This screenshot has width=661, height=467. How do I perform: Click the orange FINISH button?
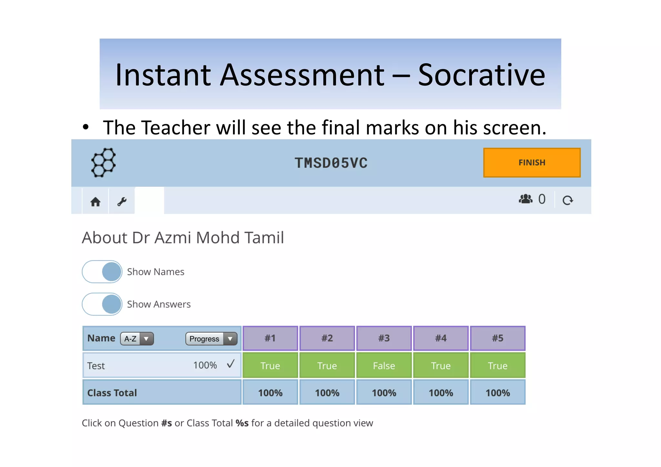click(532, 163)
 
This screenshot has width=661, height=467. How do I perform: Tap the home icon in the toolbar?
click(95, 202)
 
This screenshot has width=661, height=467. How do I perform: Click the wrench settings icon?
click(122, 202)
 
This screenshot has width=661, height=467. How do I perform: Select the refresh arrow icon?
click(567, 200)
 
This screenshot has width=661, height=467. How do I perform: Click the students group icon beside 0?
click(525, 199)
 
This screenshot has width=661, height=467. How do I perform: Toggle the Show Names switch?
click(102, 272)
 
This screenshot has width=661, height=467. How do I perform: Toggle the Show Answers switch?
click(102, 304)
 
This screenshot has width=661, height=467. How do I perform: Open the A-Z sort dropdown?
click(137, 339)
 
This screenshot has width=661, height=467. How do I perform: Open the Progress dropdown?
click(211, 339)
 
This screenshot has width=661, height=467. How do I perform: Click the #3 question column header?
click(384, 338)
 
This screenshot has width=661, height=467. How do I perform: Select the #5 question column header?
click(497, 338)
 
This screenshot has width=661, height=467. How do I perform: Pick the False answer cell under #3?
click(384, 366)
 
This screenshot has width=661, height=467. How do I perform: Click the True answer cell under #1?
click(270, 366)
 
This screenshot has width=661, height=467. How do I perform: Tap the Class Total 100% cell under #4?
click(441, 393)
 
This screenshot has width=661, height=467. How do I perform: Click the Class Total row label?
click(112, 393)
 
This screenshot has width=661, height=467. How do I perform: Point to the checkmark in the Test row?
click(230, 364)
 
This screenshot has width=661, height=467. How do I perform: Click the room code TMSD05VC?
click(331, 163)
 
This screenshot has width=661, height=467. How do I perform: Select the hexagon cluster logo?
click(103, 162)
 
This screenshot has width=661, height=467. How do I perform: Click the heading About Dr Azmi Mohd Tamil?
click(183, 238)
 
